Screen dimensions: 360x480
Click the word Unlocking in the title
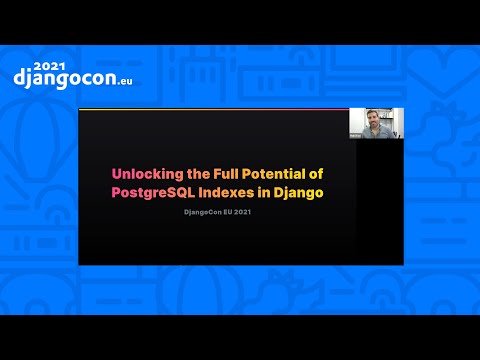pyautogui.click(x=144, y=173)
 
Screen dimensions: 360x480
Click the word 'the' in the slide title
pyautogui.click(x=190, y=173)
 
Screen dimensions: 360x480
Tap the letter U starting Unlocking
pyautogui.click(x=116, y=173)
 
